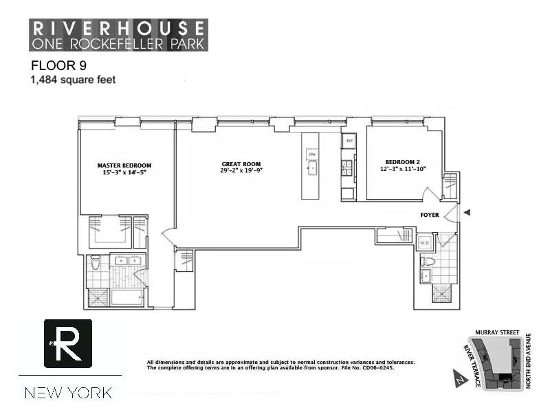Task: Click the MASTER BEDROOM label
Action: pos(124,165)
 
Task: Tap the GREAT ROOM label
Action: pos(242,165)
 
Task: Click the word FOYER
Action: pos(430,215)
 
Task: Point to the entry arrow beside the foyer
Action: pos(467,214)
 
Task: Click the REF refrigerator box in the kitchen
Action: pos(349,141)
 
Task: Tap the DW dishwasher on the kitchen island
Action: pos(311,153)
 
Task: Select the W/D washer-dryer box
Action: pos(425,242)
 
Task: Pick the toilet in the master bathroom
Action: pos(96,262)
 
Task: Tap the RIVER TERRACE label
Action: pos(470,364)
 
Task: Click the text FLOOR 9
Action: pos(58,66)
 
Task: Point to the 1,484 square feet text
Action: pos(72,80)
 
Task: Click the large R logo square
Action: pos(68,343)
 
